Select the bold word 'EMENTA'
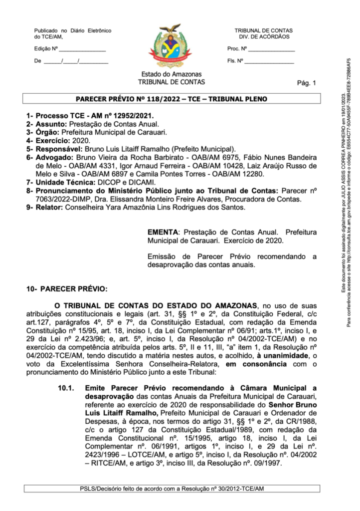(x=163, y=233)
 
